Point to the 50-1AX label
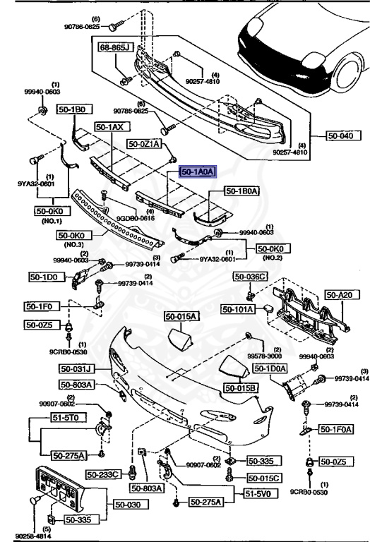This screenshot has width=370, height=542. [x=109, y=127]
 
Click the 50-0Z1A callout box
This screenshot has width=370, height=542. [x=145, y=143]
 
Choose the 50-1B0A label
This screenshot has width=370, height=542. [x=242, y=191]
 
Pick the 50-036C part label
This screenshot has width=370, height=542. [x=252, y=277]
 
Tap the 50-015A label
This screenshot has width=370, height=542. [x=182, y=317]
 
